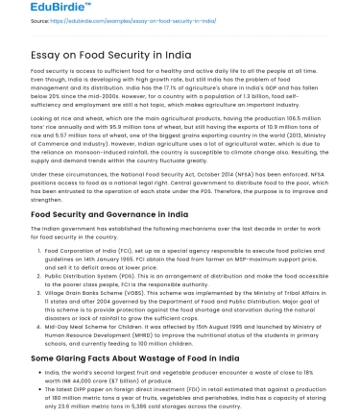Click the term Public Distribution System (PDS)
tap(85, 272)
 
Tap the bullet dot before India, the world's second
tap(37, 371)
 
